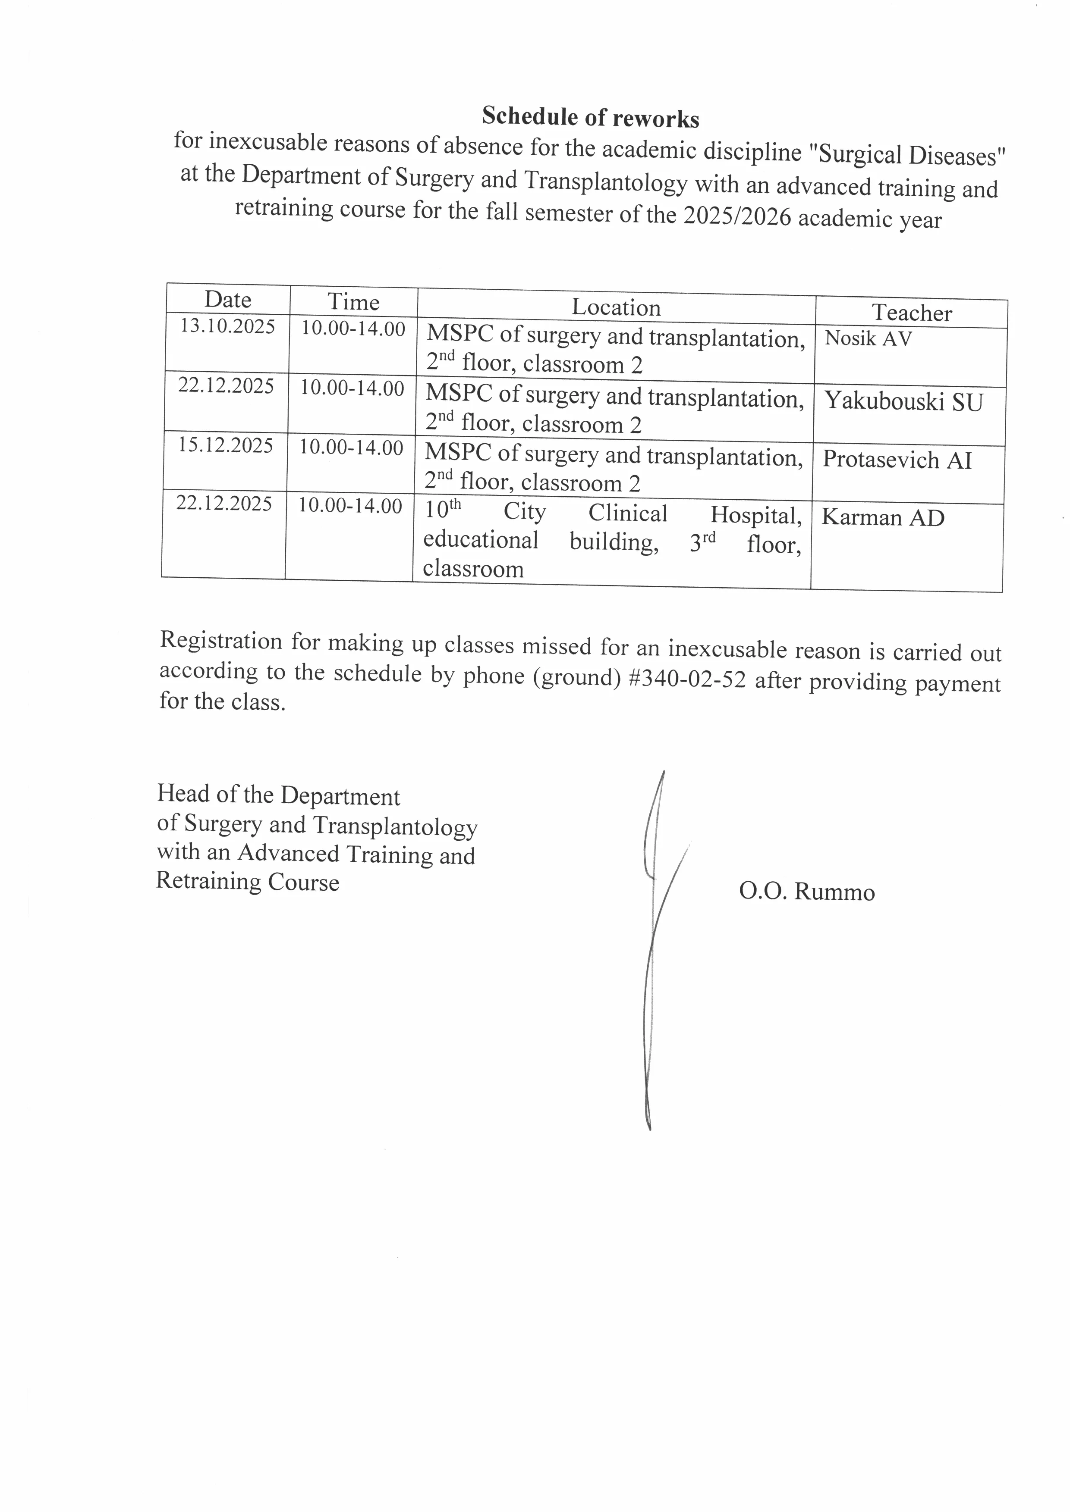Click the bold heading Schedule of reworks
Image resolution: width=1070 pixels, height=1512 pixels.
point(590,117)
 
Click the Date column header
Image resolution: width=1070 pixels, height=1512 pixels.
point(228,300)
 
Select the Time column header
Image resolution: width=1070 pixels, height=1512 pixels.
point(354,302)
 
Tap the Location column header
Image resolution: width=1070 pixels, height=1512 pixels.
point(616,307)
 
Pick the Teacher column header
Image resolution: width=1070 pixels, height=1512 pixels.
point(912,313)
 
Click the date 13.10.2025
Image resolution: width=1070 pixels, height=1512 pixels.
point(227,327)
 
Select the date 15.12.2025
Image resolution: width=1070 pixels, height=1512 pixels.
point(225,446)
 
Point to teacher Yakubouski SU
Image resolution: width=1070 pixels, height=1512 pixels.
point(903,401)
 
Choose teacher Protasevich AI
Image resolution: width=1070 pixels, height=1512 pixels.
point(897,460)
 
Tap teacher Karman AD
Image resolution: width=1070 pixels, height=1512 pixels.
point(882,518)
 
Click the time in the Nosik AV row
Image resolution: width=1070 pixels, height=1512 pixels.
point(353,329)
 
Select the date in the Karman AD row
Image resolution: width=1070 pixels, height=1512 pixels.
point(224,504)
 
